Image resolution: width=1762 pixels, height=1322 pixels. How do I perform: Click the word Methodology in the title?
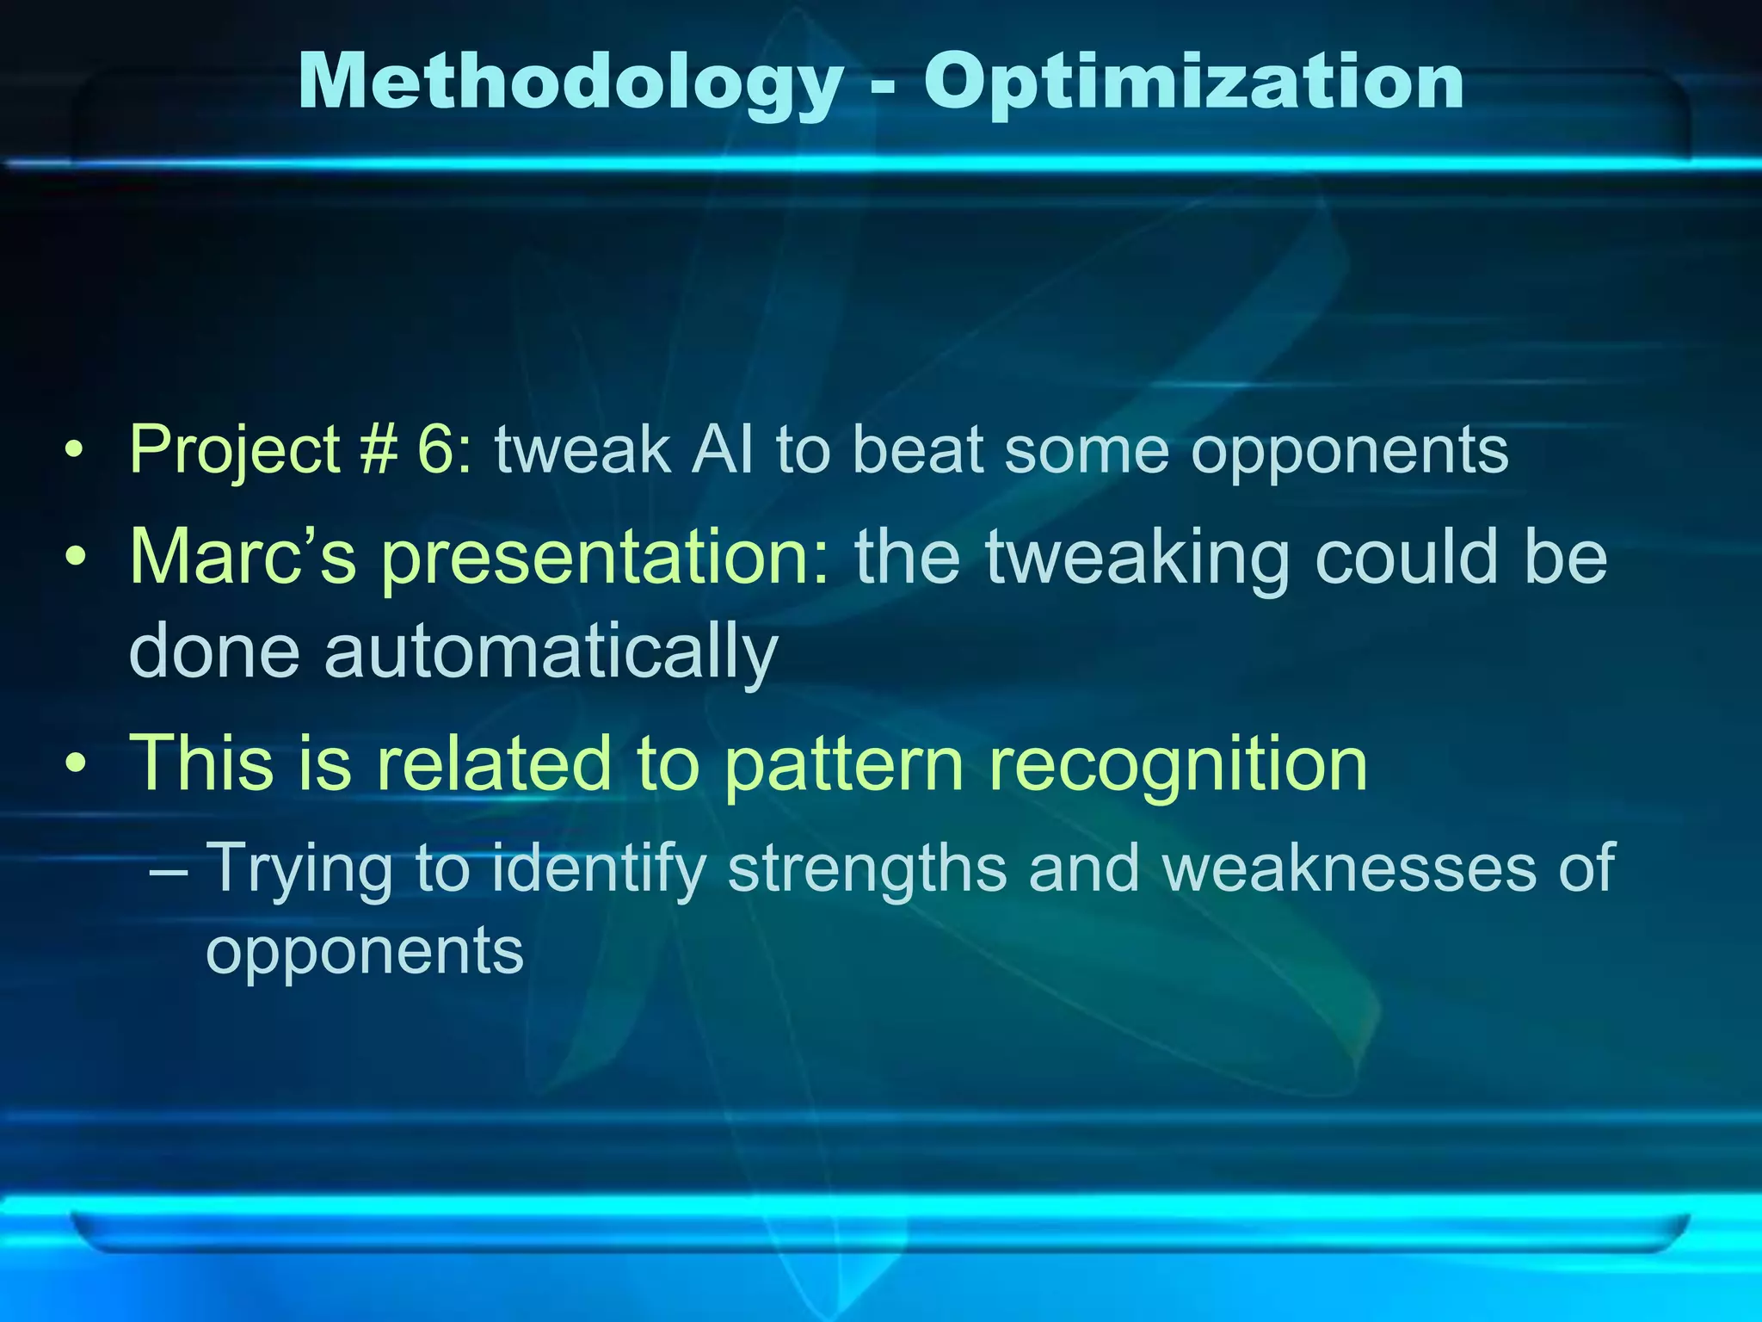click(x=570, y=83)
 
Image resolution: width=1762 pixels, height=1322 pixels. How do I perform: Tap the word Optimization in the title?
click(x=1193, y=83)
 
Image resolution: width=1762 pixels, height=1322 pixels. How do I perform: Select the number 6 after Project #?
click(x=439, y=449)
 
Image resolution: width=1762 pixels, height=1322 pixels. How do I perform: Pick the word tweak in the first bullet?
click(x=582, y=449)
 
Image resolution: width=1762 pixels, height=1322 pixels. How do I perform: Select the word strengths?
click(x=867, y=869)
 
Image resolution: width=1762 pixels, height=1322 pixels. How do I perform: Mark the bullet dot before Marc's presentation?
click(x=77, y=557)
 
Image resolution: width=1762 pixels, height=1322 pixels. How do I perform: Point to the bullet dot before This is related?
click(x=77, y=763)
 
